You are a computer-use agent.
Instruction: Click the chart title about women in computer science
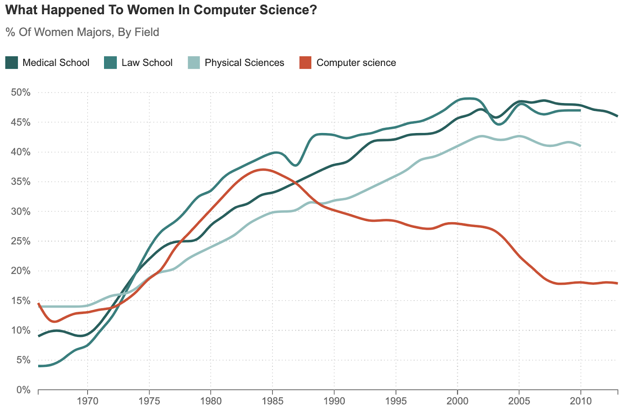[161, 10]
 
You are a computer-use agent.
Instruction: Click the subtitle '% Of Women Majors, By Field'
[82, 32]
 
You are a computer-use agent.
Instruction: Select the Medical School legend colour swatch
[11, 63]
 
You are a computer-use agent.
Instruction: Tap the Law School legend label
[147, 63]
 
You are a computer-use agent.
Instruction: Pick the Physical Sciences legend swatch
[194, 63]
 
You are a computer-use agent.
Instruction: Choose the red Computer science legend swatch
[305, 63]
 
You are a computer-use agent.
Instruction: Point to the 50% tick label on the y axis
[21, 92]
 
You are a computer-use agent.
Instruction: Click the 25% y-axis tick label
[21, 241]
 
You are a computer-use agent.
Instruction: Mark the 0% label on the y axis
[23, 390]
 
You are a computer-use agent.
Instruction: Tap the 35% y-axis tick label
[21, 182]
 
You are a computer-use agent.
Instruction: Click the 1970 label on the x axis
[87, 401]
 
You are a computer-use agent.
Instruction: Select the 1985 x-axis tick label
[272, 401]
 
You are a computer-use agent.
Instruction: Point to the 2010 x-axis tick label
[581, 401]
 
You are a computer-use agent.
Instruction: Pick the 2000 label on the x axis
[457, 401]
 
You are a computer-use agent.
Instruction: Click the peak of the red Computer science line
[263, 170]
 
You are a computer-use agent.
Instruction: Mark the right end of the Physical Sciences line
[580, 146]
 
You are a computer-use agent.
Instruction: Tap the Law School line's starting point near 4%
[39, 366]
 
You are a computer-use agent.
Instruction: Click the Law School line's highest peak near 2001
[469, 99]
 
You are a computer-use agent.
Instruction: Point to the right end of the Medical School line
[617, 116]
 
